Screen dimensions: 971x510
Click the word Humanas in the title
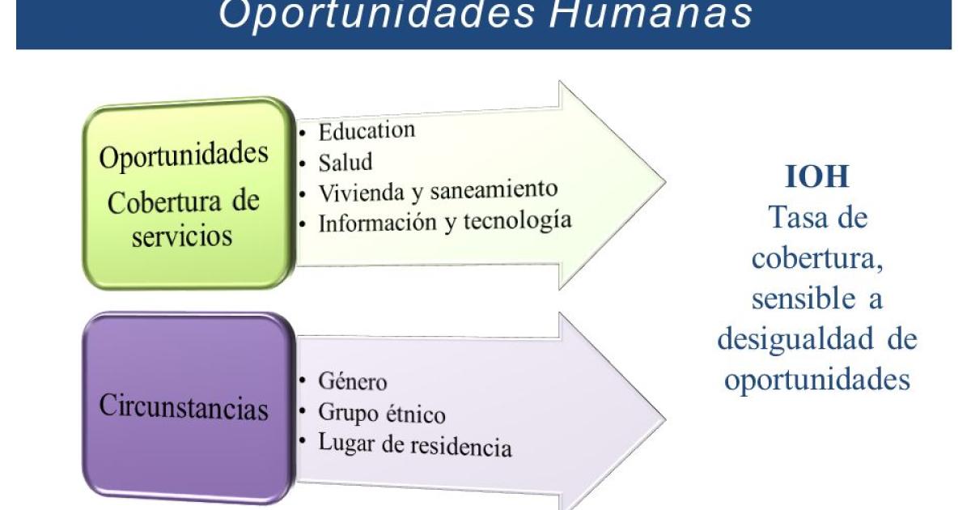(651, 14)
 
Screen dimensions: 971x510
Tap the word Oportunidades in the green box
(184, 155)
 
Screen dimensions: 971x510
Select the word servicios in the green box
(182, 236)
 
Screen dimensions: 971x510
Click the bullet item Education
(367, 130)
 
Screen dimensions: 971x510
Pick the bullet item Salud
(346, 162)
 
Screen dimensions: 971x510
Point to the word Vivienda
(362, 193)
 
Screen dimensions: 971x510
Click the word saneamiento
(494, 190)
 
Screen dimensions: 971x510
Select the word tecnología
(518, 221)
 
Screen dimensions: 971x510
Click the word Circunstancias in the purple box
(184, 406)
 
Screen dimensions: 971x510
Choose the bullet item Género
(353, 381)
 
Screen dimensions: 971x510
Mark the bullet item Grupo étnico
(382, 413)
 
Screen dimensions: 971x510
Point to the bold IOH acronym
(817, 177)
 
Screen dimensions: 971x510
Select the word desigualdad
(795, 338)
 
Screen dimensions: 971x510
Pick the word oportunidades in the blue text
(817, 380)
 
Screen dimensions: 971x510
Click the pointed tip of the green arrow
(665, 183)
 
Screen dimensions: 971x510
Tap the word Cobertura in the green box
(164, 202)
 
